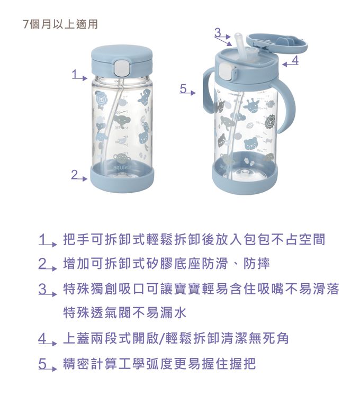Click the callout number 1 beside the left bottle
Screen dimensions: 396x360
[75, 74]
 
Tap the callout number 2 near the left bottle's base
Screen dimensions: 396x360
[75, 174]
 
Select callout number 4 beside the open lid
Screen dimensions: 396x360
[295, 60]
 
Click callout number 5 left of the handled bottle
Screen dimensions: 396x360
[183, 88]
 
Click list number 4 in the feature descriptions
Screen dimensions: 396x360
[43, 338]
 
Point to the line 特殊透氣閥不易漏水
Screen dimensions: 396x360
[124, 313]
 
